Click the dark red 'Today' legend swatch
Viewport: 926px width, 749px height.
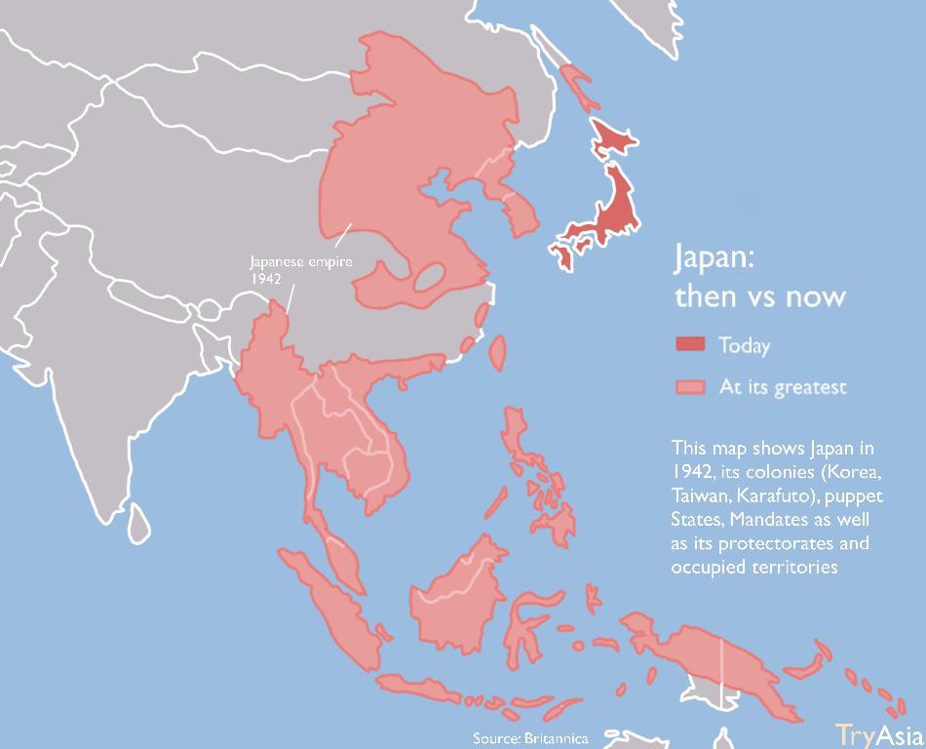pyautogui.click(x=689, y=344)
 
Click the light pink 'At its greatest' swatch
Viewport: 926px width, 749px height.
pyautogui.click(x=689, y=387)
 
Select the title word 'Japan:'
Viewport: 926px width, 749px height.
pyautogui.click(x=714, y=259)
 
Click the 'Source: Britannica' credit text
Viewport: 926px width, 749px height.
pyautogui.click(x=530, y=737)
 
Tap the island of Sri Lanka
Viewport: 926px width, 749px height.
pyautogui.click(x=141, y=521)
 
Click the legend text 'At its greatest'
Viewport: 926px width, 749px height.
pyautogui.click(x=783, y=387)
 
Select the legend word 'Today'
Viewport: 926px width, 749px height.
pyautogui.click(x=744, y=345)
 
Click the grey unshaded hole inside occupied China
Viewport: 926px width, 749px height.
pyautogui.click(x=428, y=277)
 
